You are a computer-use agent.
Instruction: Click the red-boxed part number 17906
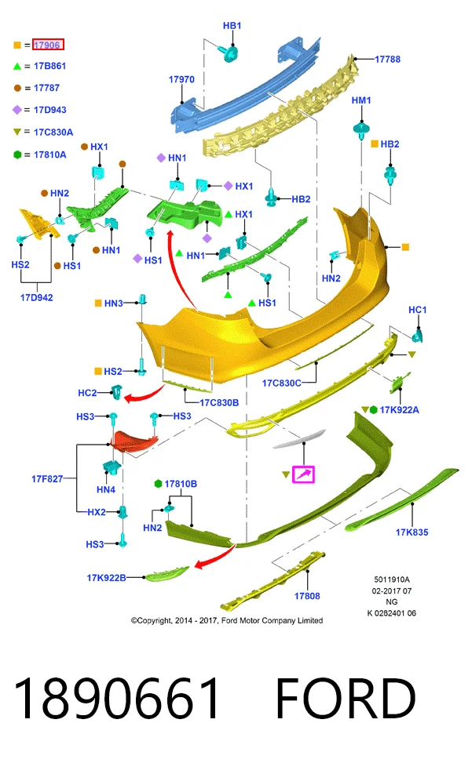[x=48, y=45]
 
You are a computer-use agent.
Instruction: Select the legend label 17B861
[x=49, y=66]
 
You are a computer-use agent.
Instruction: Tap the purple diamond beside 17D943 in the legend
[x=17, y=110]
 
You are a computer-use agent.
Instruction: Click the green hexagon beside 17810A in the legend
[x=17, y=154]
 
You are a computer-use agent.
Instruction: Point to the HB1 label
[x=232, y=26]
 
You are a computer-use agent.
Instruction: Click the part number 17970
[x=181, y=79]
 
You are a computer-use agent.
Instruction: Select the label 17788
[x=387, y=60]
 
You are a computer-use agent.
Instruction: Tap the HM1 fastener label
[x=361, y=100]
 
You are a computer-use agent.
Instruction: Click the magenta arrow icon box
[x=303, y=474]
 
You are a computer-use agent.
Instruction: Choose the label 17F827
[x=47, y=479]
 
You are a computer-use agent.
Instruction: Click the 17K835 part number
[x=412, y=532]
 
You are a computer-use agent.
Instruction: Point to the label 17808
[x=307, y=596]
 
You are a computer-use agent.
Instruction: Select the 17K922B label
[x=106, y=578]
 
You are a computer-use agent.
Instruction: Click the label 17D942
[x=37, y=298]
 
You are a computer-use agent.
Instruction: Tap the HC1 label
[x=417, y=310]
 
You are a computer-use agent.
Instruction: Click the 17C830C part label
[x=281, y=383]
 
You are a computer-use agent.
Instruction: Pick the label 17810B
[x=181, y=484]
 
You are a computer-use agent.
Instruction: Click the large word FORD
[x=346, y=699]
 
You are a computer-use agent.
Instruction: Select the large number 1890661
[x=117, y=699]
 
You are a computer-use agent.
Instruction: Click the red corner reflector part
[x=133, y=441]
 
